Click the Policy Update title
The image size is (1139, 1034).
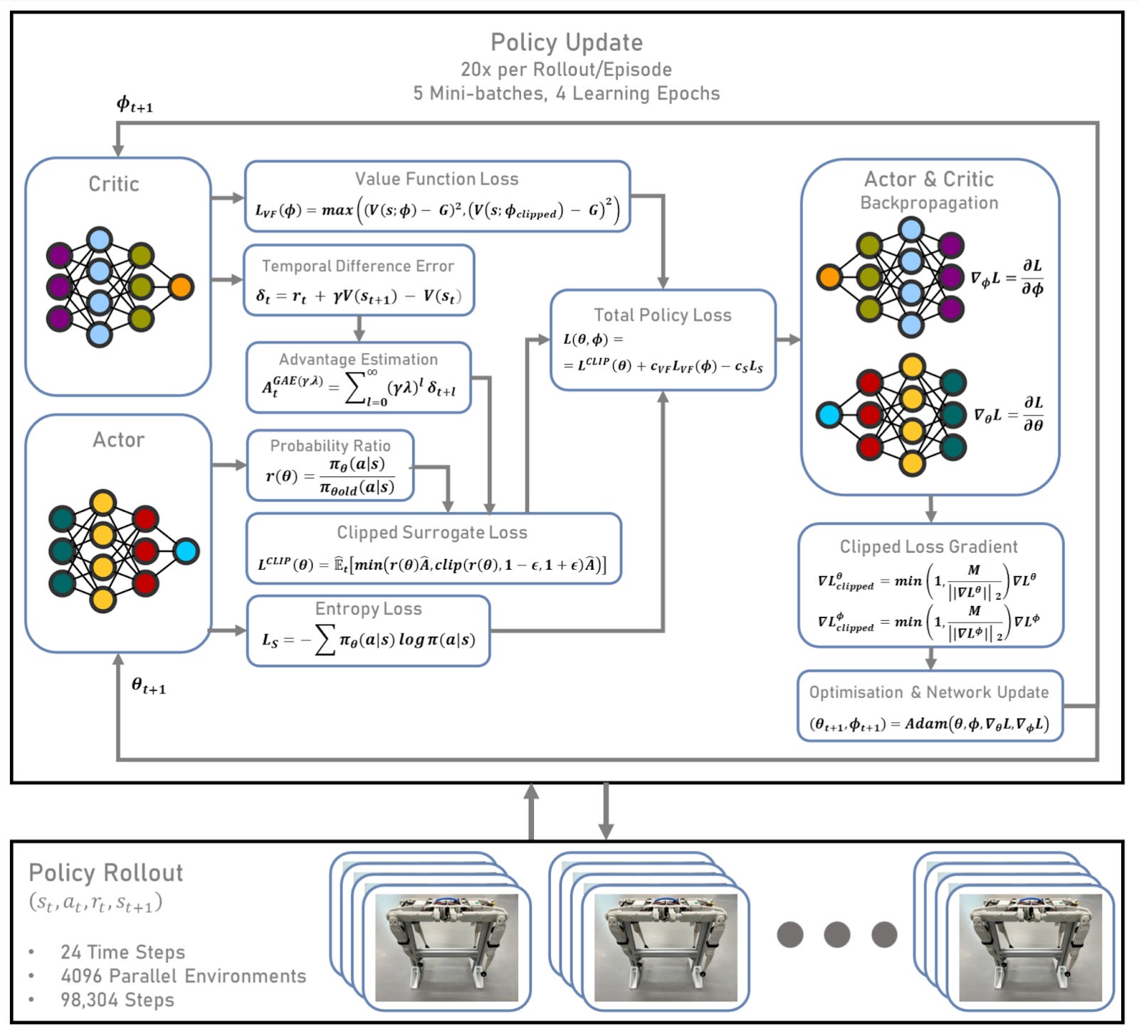[x=567, y=43]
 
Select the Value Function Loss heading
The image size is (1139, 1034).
[x=436, y=179]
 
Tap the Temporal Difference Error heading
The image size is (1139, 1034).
[x=357, y=266]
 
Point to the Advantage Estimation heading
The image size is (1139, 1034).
[x=358, y=360]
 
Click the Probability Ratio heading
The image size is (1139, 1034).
[x=330, y=446]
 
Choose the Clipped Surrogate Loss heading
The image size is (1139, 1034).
[x=432, y=533]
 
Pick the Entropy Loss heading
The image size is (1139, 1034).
[x=368, y=609]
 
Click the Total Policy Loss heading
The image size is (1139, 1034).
[x=663, y=315]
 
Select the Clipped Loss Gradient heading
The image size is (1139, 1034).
[x=928, y=547]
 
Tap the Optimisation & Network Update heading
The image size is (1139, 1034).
[x=928, y=692]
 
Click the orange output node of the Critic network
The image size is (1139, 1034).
[x=182, y=287]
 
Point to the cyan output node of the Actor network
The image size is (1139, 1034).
[x=186, y=551]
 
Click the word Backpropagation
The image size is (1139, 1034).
[x=929, y=203]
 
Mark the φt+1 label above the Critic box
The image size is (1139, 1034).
[x=135, y=105]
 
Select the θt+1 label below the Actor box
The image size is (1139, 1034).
[x=148, y=686]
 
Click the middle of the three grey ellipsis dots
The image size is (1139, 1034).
[x=836, y=934]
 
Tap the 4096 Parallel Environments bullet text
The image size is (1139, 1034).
[x=183, y=976]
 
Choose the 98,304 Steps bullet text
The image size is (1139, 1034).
[x=117, y=1000]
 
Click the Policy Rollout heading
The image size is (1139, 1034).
[x=106, y=873]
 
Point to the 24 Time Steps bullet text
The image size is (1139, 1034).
[x=122, y=952]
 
